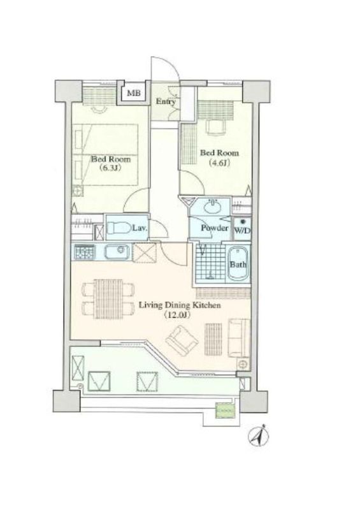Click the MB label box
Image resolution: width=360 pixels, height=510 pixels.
point(134,93)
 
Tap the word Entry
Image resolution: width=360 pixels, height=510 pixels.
point(166,101)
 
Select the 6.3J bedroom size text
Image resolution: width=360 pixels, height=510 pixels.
point(111,168)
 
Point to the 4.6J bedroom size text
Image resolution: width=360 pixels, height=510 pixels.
point(220,163)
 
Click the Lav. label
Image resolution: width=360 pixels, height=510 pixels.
point(140,228)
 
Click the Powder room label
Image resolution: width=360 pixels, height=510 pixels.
point(215,228)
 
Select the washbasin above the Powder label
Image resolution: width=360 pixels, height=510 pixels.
point(212,206)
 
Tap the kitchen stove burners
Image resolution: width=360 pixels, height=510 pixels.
point(84,252)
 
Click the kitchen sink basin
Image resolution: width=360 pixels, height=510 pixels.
point(117,251)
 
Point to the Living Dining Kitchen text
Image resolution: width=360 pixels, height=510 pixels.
point(180,305)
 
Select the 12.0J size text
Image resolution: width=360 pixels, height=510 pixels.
point(177,315)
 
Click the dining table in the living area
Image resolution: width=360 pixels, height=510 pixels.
point(108,299)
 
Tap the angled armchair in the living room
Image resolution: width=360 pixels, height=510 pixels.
point(182,341)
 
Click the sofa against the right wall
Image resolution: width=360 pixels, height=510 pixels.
point(239,339)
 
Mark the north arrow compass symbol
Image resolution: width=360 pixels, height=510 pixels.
point(258,435)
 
